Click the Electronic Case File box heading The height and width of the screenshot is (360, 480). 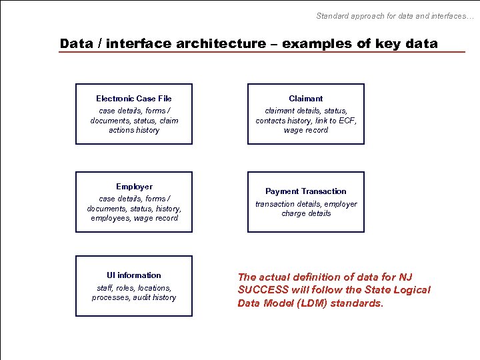click(x=134, y=99)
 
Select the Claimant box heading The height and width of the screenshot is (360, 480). click(x=306, y=99)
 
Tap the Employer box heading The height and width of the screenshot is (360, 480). click(x=134, y=187)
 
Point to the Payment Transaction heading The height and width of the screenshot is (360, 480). click(x=306, y=191)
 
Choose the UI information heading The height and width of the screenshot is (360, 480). click(x=134, y=275)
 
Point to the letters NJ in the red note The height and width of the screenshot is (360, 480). click(x=405, y=277)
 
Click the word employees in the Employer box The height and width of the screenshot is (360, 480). click(x=111, y=218)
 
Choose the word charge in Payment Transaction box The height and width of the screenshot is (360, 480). click(x=293, y=213)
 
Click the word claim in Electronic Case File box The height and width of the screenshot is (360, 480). click(x=169, y=121)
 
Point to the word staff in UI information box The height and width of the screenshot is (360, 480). click(x=105, y=288)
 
